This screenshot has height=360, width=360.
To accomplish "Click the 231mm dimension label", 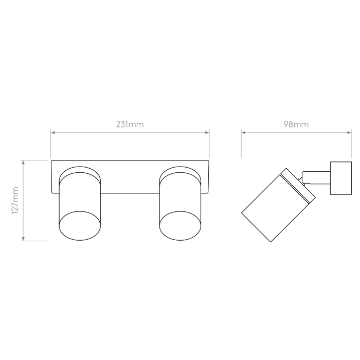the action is (130, 124).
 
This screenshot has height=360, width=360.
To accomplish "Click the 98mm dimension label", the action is (296, 124).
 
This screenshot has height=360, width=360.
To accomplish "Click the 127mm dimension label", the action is (15, 200).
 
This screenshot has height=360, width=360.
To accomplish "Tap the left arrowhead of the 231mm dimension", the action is (53, 133).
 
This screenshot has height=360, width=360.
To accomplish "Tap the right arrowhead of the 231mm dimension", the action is (207, 133).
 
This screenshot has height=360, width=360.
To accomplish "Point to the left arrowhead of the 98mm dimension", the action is (244, 133).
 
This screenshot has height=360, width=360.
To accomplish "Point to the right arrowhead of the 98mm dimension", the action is (349, 133).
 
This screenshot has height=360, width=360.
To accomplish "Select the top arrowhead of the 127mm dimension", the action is (23, 163).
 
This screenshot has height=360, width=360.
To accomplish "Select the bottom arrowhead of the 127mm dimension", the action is (23, 238).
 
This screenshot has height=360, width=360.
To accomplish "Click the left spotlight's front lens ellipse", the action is (80, 226).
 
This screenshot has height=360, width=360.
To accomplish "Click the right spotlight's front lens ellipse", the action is (180, 226).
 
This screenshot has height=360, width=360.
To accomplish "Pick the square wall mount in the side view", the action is (341, 178).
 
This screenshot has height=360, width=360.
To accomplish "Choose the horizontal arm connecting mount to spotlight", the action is (316, 177).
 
